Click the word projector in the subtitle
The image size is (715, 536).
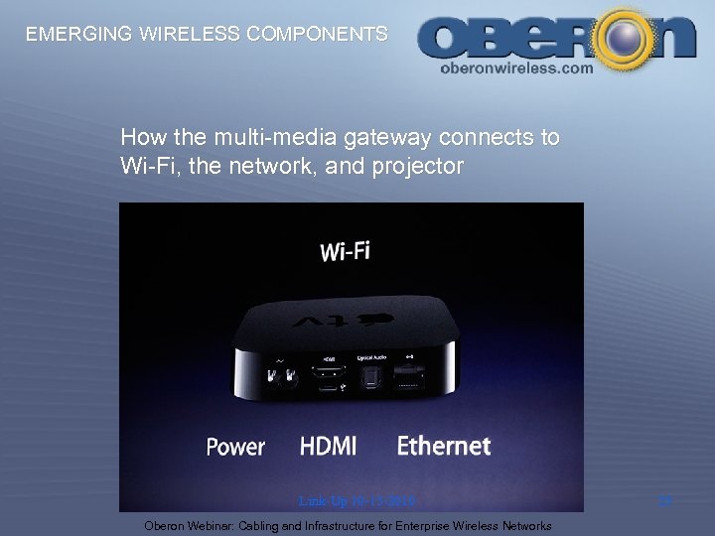pos(412,167)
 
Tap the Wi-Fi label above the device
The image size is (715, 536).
pos(346,250)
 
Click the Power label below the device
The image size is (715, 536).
pos(235,447)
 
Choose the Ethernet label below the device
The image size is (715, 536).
pos(444,447)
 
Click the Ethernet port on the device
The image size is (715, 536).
pos(407,377)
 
